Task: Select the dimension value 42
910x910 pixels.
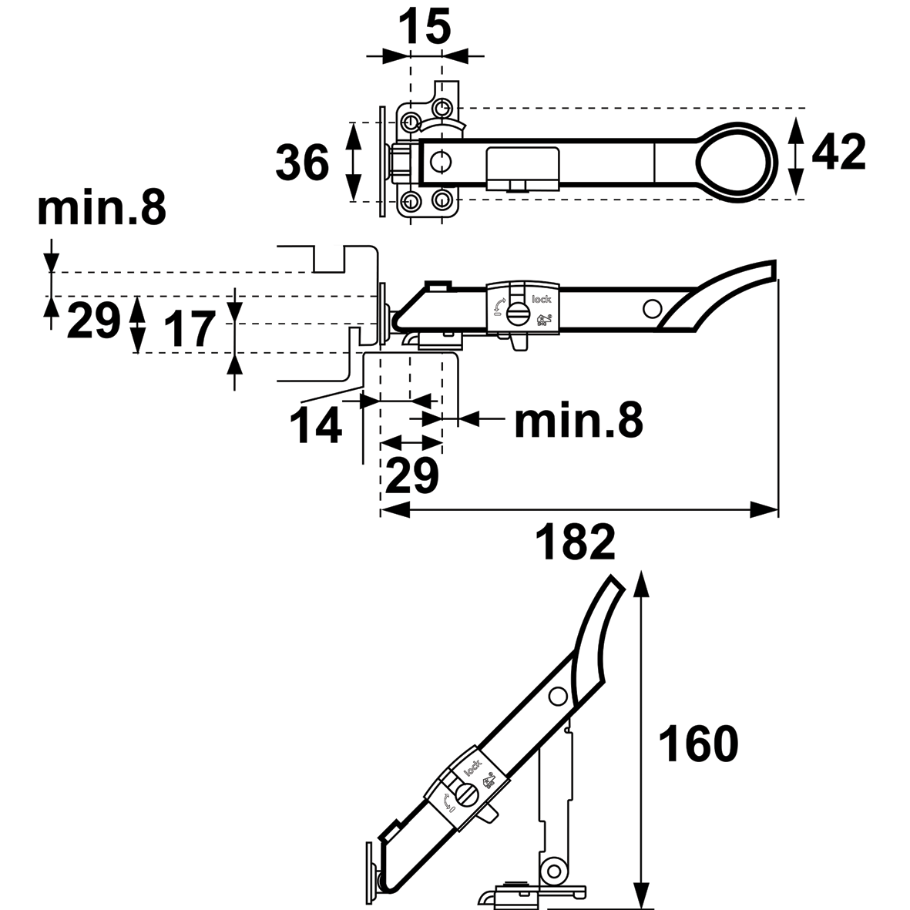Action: tap(838, 153)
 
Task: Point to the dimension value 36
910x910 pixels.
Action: tap(303, 163)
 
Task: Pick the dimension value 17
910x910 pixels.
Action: tap(189, 330)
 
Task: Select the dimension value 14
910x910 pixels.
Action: tap(316, 425)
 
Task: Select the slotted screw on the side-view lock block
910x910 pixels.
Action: tap(519, 312)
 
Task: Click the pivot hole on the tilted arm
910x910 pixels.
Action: tap(556, 697)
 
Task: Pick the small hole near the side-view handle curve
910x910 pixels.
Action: tap(652, 308)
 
